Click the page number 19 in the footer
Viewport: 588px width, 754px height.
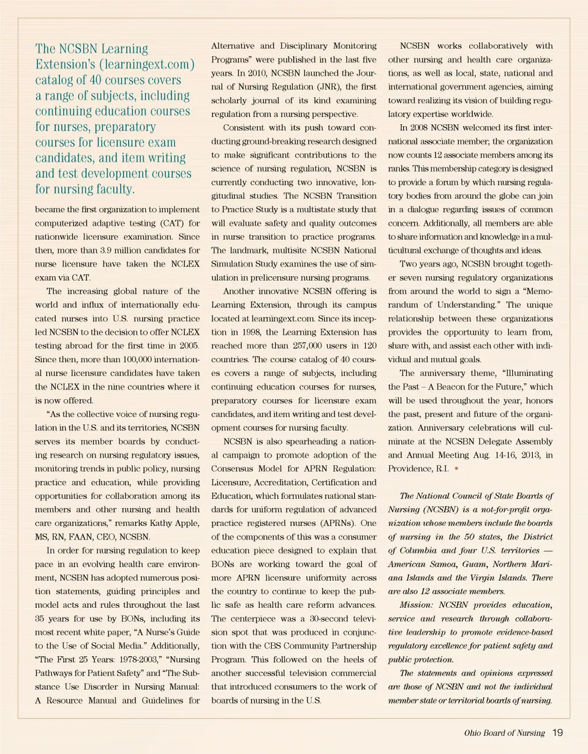tap(557, 732)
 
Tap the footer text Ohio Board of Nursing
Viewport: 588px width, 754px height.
tap(507, 733)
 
